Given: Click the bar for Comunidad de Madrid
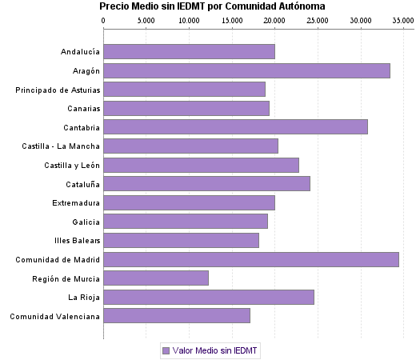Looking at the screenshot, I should tap(251, 259).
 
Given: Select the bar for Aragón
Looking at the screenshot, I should tap(246, 70).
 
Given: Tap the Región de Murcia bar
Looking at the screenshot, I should tap(156, 278).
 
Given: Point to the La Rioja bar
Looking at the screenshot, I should tap(209, 297).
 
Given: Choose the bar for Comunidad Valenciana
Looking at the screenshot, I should tap(177, 316).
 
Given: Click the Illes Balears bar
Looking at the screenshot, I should tap(181, 240).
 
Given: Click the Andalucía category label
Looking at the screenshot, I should tap(80, 52).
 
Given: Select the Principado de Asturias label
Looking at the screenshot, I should tap(58, 90).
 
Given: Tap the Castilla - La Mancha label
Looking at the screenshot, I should tap(62, 146).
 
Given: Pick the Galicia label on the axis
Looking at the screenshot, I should tap(85, 222).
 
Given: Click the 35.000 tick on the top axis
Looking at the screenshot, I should tap(402, 19).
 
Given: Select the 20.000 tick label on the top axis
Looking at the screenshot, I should tap(274, 19).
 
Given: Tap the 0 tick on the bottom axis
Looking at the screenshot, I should tap(104, 336).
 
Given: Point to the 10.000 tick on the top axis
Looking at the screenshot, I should tap(189, 19).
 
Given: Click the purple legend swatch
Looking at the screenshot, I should tap(166, 350).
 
